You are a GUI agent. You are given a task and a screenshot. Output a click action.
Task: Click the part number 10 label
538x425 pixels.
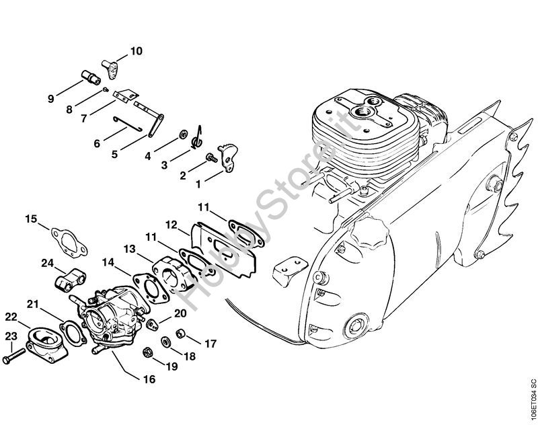137,50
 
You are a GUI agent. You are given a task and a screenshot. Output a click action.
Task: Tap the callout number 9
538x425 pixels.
50,99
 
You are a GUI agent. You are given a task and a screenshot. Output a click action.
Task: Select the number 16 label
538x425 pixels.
149,380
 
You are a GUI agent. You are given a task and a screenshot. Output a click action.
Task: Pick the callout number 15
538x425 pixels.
32,219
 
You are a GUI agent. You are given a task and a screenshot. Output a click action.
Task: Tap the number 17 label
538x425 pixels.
211,344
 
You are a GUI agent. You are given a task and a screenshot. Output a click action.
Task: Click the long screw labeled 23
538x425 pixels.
15,358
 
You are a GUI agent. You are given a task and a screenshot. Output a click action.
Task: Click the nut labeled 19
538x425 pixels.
147,352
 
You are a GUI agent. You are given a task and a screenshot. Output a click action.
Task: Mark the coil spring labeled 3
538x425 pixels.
196,139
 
